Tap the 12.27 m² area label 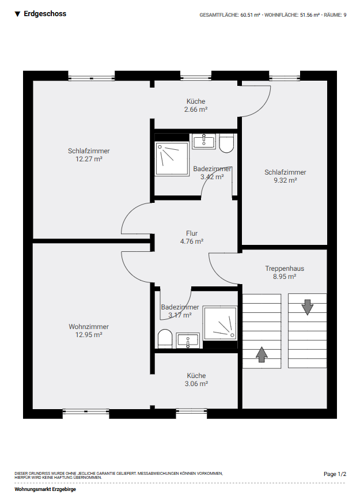pos(89,159)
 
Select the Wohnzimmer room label pos(89,327)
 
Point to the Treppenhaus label pos(285,269)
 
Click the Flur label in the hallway pos(192,233)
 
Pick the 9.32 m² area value pos(285,180)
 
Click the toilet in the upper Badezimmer pos(226,143)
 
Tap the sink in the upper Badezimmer pos(204,141)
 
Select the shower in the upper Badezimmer pos(172,159)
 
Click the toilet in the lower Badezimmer pos(165,339)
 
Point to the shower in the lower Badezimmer pos(220,323)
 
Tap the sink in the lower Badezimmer pos(188,341)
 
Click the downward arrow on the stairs pos(308,307)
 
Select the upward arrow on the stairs pos(262,354)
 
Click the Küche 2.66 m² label pos(196,105)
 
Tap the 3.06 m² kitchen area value pos(196,384)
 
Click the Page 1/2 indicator pos(335,474)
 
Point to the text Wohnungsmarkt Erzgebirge pos(45,489)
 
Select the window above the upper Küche pos(196,78)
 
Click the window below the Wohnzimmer pos(86,411)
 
